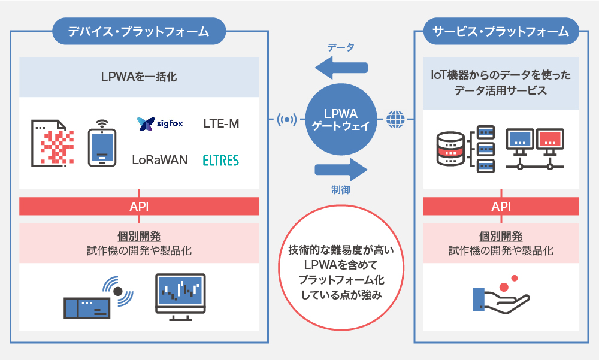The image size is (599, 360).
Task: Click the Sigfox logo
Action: tap(160, 124)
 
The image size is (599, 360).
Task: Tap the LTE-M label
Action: tap(221, 124)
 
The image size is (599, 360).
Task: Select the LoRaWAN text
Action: tap(160, 160)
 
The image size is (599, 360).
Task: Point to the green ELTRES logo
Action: tap(221, 160)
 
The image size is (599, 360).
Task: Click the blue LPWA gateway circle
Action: tap(340, 119)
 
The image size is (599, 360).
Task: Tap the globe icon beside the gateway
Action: tap(395, 119)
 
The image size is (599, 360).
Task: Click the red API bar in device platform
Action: tap(139, 207)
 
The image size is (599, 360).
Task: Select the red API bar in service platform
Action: tap(501, 207)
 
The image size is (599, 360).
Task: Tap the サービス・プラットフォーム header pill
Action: tap(501, 31)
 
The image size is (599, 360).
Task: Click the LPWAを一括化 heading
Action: tap(139, 77)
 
